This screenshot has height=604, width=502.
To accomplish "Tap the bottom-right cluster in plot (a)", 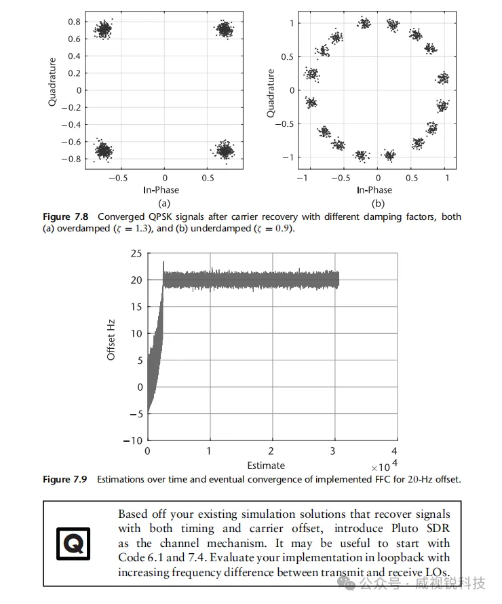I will click(225, 150).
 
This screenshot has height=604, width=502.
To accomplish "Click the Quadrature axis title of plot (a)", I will click(52, 81).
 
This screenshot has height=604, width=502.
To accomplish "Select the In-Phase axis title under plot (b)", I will click(374, 190).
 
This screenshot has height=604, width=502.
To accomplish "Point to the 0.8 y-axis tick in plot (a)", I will click(74, 22).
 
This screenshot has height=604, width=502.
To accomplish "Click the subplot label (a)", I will click(163, 203).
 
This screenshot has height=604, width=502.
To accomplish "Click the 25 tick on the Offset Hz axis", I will click(135, 254).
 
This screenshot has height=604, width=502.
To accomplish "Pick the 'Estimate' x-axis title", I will click(266, 466).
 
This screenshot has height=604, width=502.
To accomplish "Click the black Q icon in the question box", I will click(73, 544).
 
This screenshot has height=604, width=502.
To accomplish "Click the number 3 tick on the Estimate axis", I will click(332, 451).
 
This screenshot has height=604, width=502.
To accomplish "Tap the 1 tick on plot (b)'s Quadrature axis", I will click(291, 23).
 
